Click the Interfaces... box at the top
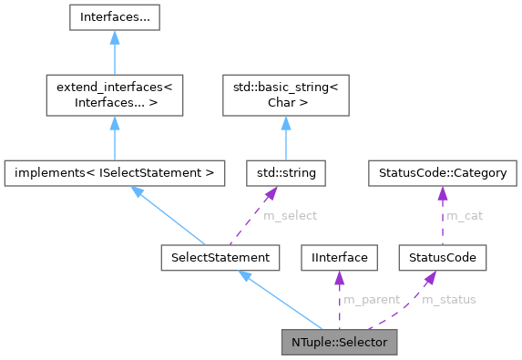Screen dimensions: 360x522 tap(114, 17)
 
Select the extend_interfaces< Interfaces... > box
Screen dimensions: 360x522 tap(114, 95)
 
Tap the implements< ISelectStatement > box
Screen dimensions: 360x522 tap(114, 170)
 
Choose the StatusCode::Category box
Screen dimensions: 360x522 tap(442, 170)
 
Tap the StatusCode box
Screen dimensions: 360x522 tap(442, 258)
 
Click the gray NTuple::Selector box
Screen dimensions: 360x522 tap(339, 345)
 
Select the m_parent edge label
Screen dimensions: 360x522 tap(369, 300)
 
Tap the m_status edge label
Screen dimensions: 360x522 tap(448, 300)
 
